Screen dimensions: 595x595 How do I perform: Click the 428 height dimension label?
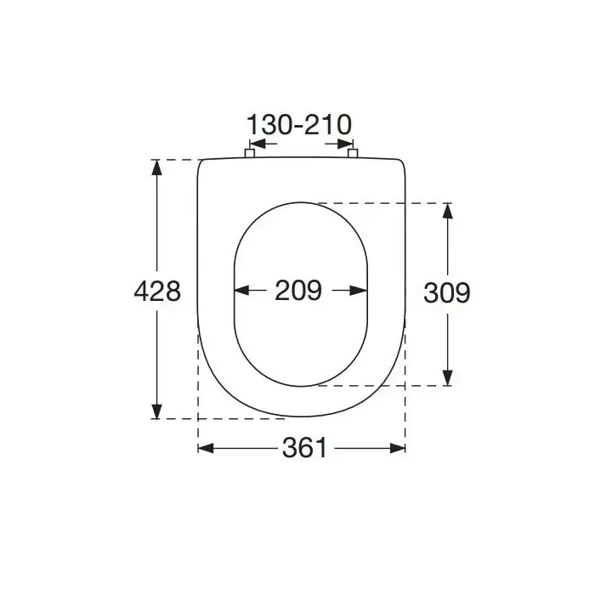point(157,292)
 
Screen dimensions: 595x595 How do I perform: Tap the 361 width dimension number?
point(304,448)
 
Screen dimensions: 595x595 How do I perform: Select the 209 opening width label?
point(298,291)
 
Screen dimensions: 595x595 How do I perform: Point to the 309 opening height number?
point(447,293)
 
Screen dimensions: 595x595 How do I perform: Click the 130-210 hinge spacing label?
point(299,125)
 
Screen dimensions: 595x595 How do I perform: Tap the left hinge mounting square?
point(249,153)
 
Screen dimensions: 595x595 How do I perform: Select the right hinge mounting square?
point(353,153)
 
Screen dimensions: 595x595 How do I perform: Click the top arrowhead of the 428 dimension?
point(156,167)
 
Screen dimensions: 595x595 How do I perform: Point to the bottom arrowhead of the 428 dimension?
point(156,411)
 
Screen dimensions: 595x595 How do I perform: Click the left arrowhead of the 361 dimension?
point(206,448)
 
